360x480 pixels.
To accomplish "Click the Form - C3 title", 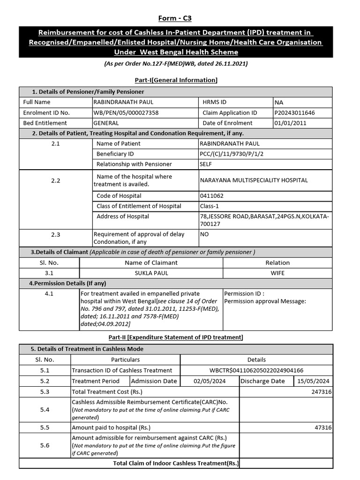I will pos(175,18).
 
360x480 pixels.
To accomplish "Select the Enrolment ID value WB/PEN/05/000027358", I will pos(126,112).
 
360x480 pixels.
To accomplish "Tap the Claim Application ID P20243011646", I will pos(295,112).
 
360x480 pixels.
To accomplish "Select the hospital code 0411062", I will pos(211,195).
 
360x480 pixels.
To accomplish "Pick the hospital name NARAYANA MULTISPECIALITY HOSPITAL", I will pos(254,180).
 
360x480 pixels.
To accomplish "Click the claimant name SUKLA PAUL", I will pos(151,273).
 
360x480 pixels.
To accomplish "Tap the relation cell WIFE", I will pos(277,273).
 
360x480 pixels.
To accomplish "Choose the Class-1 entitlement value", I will pos(210,206).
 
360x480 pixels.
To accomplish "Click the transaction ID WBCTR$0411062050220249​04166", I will pos(256,370).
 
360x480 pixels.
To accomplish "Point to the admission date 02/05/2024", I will pos(210,381).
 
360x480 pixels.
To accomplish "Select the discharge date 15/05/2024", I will pos(313,381).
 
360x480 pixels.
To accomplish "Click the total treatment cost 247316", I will pos(321,391).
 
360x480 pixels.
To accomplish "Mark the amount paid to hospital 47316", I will pos(323,427).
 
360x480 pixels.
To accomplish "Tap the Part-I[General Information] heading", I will pos(176,80).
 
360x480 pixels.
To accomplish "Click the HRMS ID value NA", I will pos(279,102).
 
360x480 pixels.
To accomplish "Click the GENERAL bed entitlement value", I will pos(106,123).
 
